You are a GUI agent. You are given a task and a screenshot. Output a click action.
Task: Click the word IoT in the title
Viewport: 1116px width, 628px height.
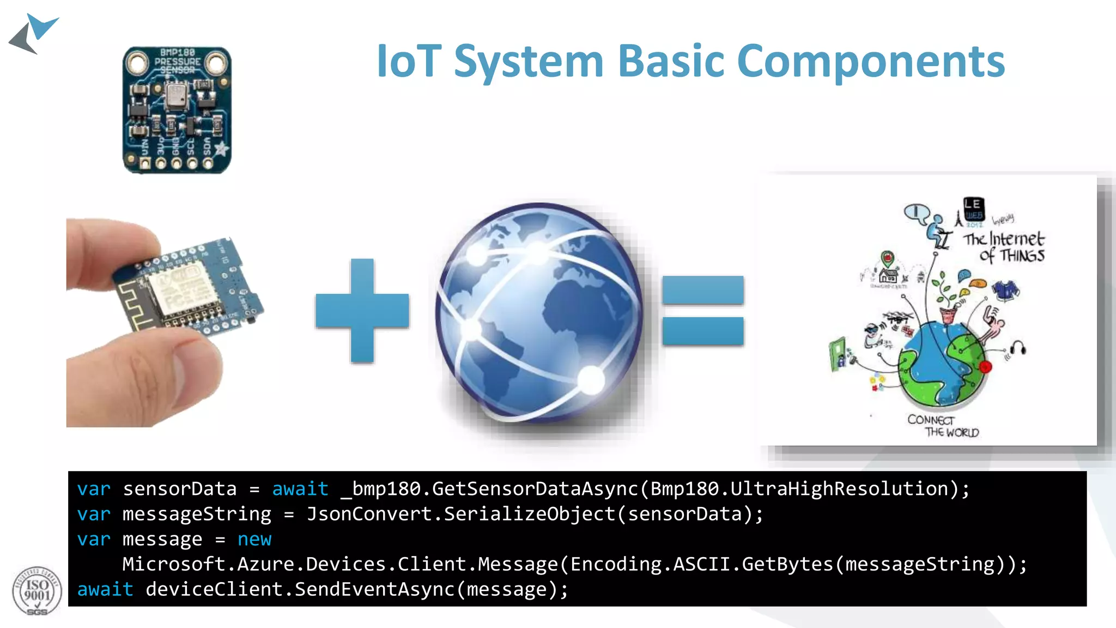pos(409,61)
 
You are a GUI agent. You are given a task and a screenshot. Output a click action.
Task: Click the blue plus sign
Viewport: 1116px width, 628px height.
pos(362,311)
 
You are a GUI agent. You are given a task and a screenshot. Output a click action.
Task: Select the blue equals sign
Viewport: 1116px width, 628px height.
pos(703,311)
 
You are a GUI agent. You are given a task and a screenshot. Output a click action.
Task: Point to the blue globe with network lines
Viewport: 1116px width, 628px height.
pos(539,313)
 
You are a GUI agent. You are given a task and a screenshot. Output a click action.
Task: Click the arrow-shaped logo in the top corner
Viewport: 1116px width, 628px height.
pos(34,34)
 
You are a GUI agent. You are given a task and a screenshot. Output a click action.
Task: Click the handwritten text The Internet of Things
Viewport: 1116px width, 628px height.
pos(1004,247)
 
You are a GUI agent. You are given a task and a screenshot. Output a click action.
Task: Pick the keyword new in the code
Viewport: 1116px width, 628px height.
pos(254,539)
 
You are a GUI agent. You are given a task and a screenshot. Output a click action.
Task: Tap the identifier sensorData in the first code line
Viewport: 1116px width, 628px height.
pos(180,489)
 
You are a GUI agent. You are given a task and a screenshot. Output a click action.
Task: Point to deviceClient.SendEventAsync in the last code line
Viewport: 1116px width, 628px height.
pos(300,589)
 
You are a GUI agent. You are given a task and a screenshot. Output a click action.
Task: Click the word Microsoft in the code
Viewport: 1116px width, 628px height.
pos(173,564)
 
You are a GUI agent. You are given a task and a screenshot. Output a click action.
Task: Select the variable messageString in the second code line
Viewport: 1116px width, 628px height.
pos(197,514)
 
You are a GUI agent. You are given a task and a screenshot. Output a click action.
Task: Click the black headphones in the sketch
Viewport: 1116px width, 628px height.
pos(1018,348)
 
